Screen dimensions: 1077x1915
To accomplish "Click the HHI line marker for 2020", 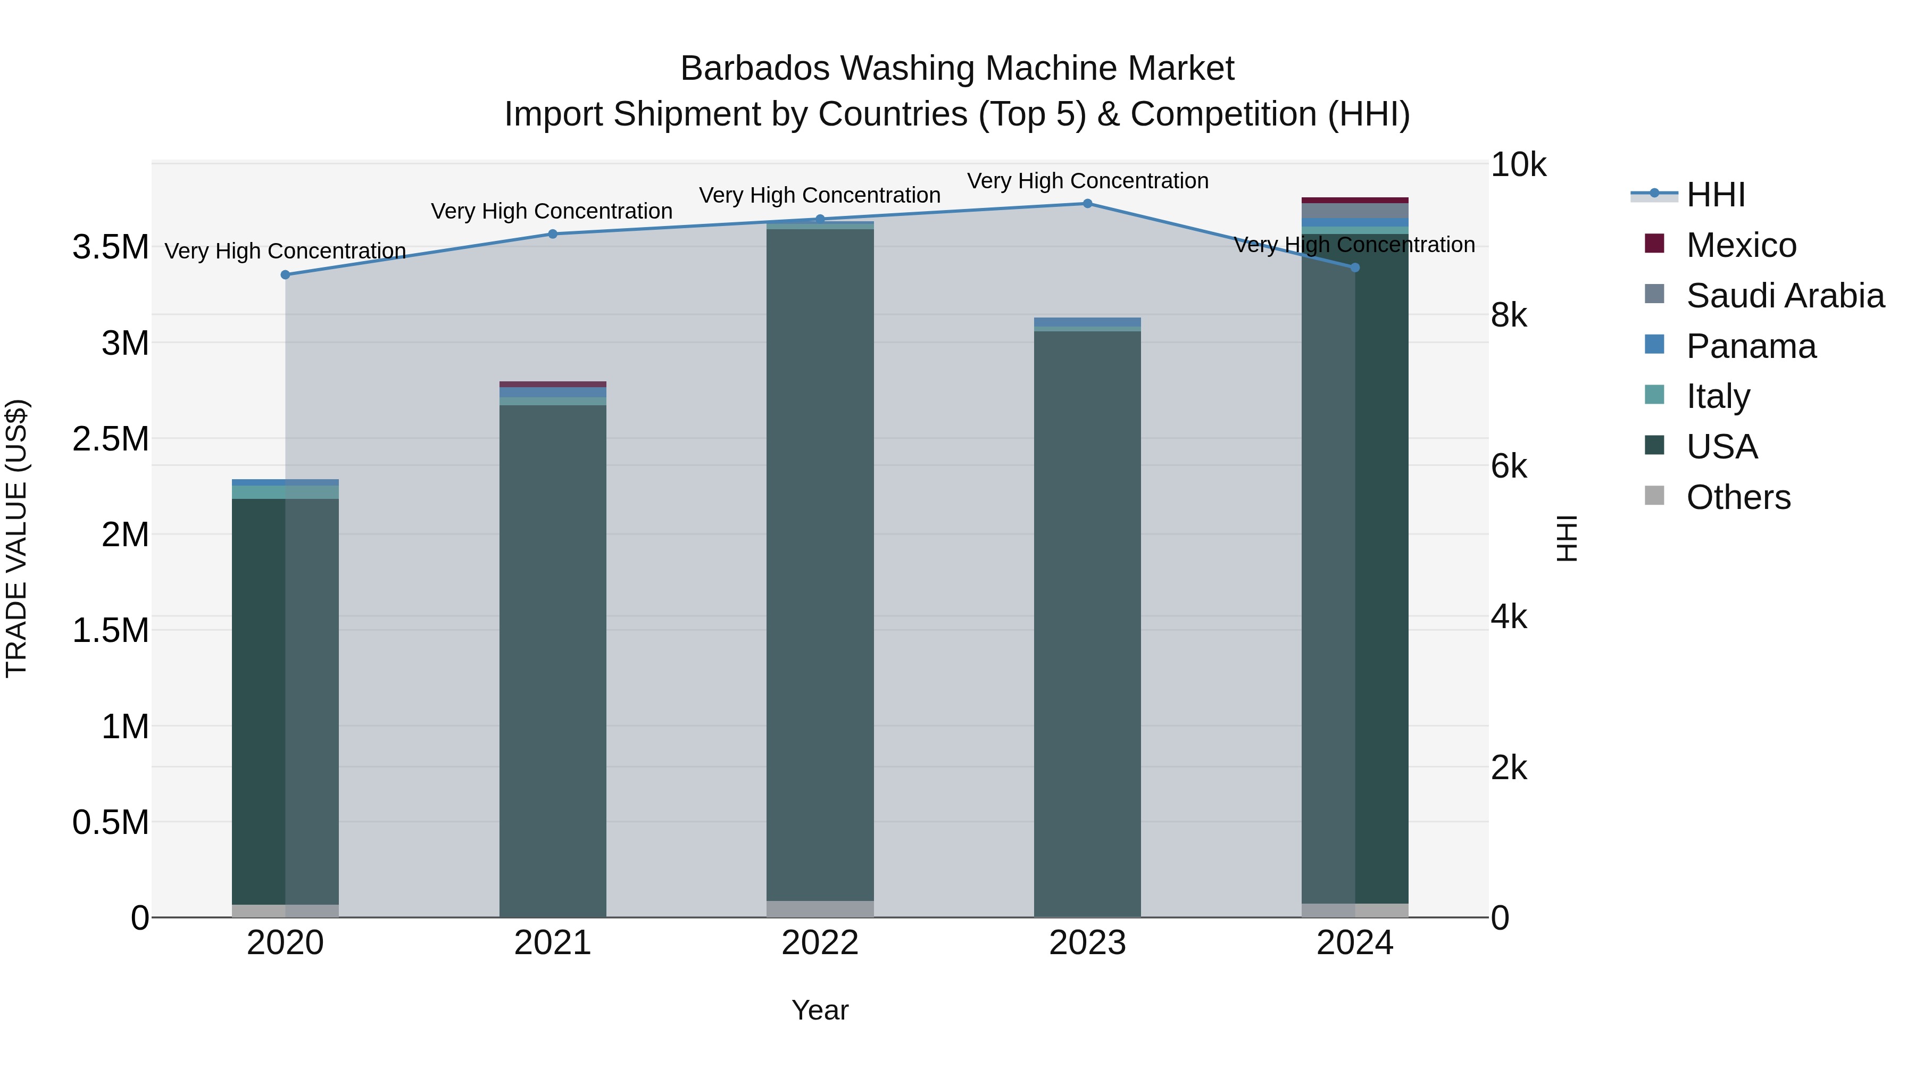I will click(286, 274).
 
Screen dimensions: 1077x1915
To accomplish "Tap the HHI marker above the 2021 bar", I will click(552, 233).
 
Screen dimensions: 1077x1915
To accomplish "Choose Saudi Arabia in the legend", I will click(1784, 295).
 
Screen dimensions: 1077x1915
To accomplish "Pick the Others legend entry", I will click(1738, 497).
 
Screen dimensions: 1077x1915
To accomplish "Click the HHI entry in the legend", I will click(1715, 195).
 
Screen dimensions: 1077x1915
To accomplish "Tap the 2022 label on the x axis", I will click(820, 942).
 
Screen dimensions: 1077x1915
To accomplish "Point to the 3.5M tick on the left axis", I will click(111, 247).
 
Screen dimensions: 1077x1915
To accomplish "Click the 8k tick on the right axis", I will click(1509, 315).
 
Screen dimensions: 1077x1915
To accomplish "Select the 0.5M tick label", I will click(111, 822).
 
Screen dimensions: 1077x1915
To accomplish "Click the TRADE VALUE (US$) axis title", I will click(16, 538).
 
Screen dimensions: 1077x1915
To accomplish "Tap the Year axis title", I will click(820, 1010).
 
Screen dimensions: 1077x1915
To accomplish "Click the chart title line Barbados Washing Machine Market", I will click(957, 69).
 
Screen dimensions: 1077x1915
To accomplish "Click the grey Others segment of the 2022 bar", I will click(820, 908).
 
